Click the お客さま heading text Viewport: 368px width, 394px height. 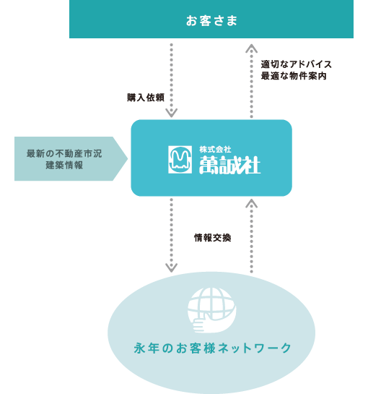tap(211, 21)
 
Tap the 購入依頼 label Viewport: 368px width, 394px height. tap(146, 98)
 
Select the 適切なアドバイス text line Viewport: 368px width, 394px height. tap(297, 64)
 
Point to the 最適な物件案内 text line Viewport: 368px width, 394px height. tap(294, 76)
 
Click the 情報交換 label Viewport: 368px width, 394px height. tap(212, 238)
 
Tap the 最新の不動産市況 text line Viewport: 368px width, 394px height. tap(64, 153)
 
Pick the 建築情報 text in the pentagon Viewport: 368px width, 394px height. tap(64, 165)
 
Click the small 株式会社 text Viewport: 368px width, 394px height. tap(215, 150)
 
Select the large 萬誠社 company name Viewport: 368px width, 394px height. tap(229, 165)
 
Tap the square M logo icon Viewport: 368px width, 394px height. tap(180, 160)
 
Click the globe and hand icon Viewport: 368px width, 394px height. tap(212, 310)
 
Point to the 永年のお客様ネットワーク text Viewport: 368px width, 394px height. tap(212, 348)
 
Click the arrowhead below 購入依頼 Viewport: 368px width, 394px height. tap(171, 113)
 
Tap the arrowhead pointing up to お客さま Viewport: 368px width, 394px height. tap(251, 48)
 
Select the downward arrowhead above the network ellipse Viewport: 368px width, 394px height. tap(171, 268)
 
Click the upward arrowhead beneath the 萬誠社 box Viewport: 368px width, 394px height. tap(251, 204)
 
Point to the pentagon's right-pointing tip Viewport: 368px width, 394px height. tap(128, 158)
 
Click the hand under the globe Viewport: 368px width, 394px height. tap(199, 325)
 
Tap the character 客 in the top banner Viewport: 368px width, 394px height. tap(205, 21)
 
